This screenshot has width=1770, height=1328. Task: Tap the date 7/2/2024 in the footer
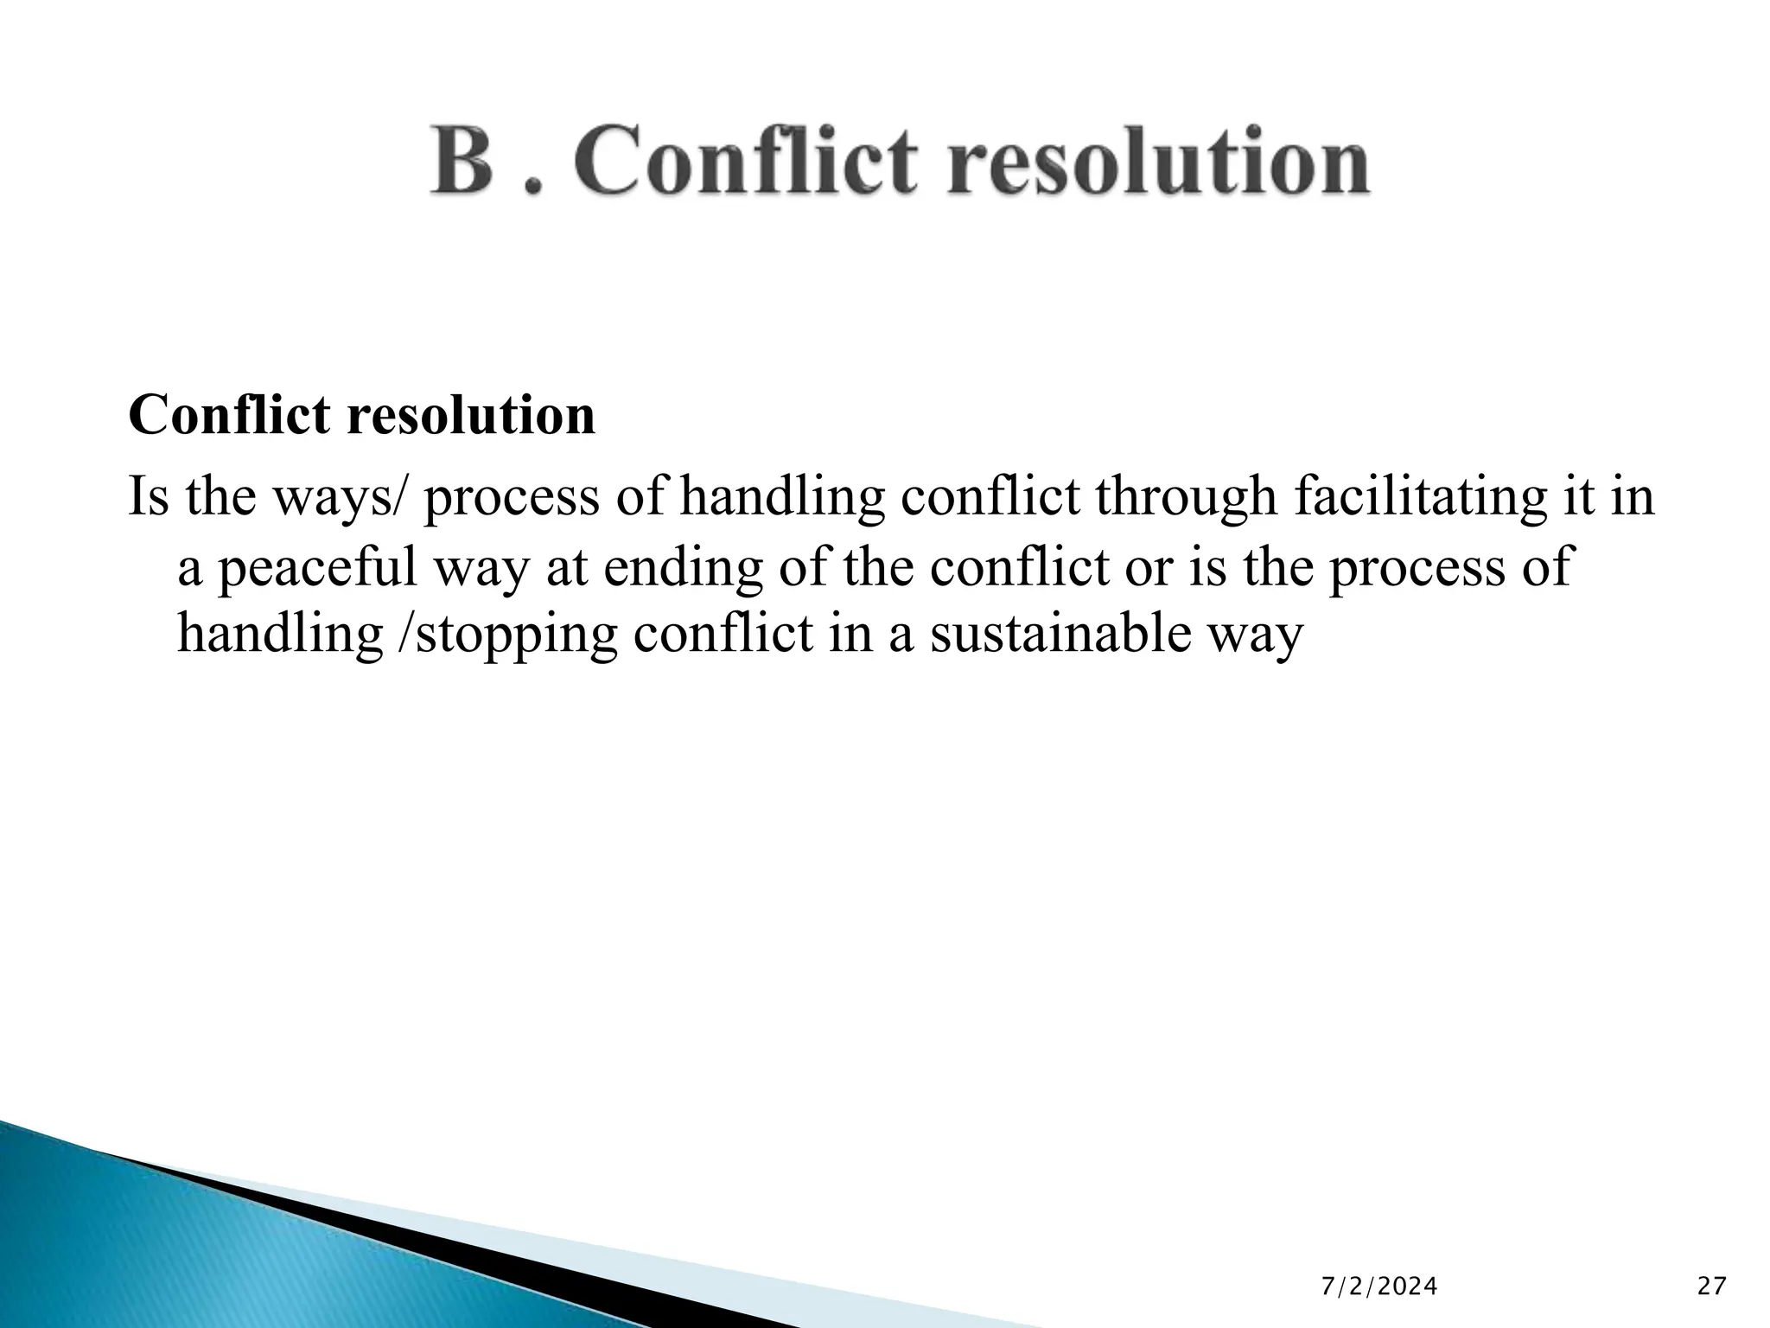1379,1287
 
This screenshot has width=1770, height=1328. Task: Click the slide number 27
1711,1287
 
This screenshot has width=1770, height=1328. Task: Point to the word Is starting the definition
148,497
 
